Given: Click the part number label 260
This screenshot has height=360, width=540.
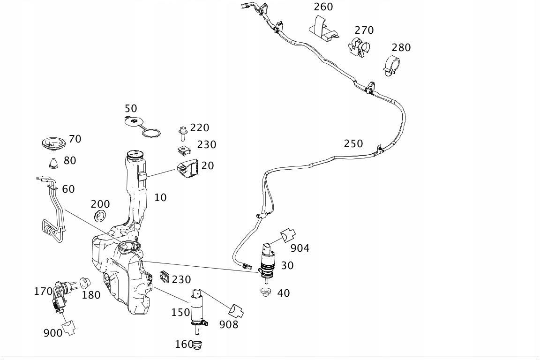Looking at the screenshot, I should click(x=323, y=7).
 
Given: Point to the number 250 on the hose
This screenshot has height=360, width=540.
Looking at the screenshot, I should click(x=353, y=144).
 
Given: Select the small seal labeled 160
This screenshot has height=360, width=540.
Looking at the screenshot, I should click(x=198, y=345).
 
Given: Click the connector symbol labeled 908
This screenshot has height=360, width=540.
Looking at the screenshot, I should click(x=236, y=310).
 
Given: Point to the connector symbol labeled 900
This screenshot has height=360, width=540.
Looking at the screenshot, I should click(x=69, y=327).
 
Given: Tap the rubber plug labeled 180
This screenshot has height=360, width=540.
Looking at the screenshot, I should click(x=85, y=283).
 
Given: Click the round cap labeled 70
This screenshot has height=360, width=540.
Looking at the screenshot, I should click(x=52, y=143).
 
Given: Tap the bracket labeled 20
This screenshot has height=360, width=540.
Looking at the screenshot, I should click(x=188, y=169).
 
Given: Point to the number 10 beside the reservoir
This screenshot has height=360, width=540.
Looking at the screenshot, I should click(x=161, y=197).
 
